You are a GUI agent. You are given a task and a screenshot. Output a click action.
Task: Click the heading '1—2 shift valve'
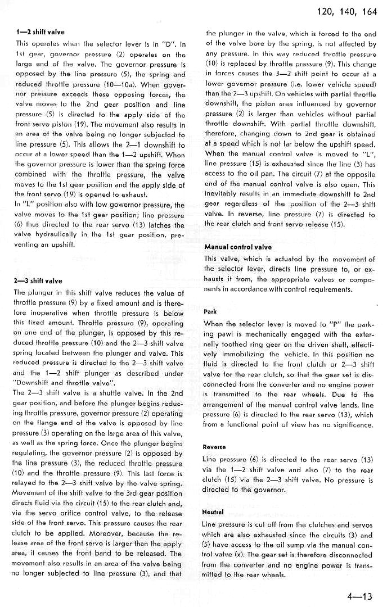pyautogui.click(x=40, y=33)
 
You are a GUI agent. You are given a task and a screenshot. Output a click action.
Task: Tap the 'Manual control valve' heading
pyautogui.click(x=238, y=247)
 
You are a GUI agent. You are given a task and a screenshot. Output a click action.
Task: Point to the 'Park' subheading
pyautogui.click(x=210, y=311)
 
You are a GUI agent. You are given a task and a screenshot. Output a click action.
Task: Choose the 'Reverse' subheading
pyautogui.click(x=214, y=447)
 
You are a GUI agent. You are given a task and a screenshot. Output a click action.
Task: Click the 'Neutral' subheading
pyautogui.click(x=213, y=513)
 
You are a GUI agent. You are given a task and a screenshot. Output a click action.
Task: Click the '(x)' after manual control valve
pyautogui.click(x=254, y=556)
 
